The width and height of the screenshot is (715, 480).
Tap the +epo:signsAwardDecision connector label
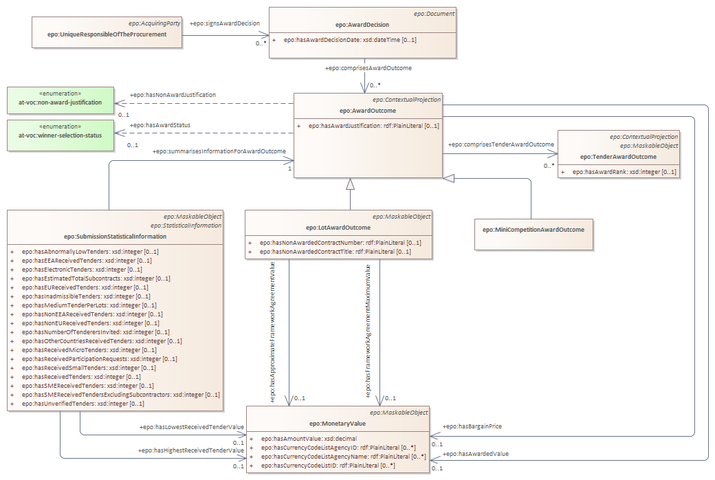(x=225, y=23)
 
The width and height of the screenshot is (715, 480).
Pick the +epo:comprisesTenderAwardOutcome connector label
(x=500, y=144)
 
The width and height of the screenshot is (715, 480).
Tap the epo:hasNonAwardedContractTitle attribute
(x=335, y=252)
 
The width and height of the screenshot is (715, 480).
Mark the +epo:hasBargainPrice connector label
(x=473, y=426)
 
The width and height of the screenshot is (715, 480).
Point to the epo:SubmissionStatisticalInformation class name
(x=115, y=237)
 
